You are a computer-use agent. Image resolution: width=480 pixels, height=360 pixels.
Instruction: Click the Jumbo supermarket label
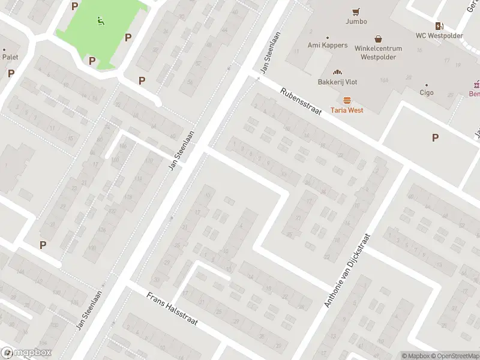[356, 21]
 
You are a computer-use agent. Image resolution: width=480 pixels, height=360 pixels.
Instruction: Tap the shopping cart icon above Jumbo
[356, 11]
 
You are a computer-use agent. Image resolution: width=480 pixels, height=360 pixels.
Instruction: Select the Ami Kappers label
[328, 45]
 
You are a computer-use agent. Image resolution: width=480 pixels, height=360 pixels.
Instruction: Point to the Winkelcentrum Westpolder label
[379, 53]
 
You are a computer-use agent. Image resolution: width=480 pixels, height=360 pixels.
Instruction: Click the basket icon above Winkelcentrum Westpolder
[379, 38]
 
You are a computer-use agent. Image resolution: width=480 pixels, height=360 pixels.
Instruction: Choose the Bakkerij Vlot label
[337, 82]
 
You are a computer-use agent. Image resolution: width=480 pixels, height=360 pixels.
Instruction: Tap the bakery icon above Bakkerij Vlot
[337, 71]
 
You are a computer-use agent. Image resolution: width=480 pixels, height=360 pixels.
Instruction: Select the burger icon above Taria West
[347, 100]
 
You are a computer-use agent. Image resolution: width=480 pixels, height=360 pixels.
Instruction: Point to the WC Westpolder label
[440, 35]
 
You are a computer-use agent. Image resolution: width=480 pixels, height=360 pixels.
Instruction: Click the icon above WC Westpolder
[440, 25]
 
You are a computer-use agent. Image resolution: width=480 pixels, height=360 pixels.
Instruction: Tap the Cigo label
[426, 93]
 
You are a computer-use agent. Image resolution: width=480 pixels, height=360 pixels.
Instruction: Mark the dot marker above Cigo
[426, 85]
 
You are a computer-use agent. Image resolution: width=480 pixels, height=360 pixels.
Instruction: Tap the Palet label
[10, 57]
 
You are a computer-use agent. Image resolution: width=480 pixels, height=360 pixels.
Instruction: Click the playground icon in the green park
[100, 22]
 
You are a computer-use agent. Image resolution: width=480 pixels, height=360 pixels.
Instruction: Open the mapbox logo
[26, 353]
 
